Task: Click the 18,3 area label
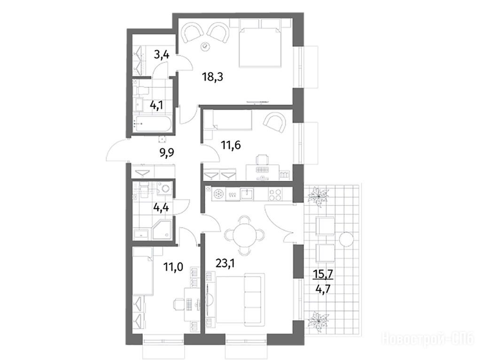tap(212, 77)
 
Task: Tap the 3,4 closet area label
tap(162, 56)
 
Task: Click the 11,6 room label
tap(231, 145)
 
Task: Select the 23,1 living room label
tap(225, 263)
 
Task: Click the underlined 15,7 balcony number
tap(323, 274)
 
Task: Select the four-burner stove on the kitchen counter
tap(276, 194)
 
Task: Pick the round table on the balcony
tap(347, 238)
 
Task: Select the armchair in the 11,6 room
tap(274, 123)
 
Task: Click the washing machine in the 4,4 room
tap(165, 188)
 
